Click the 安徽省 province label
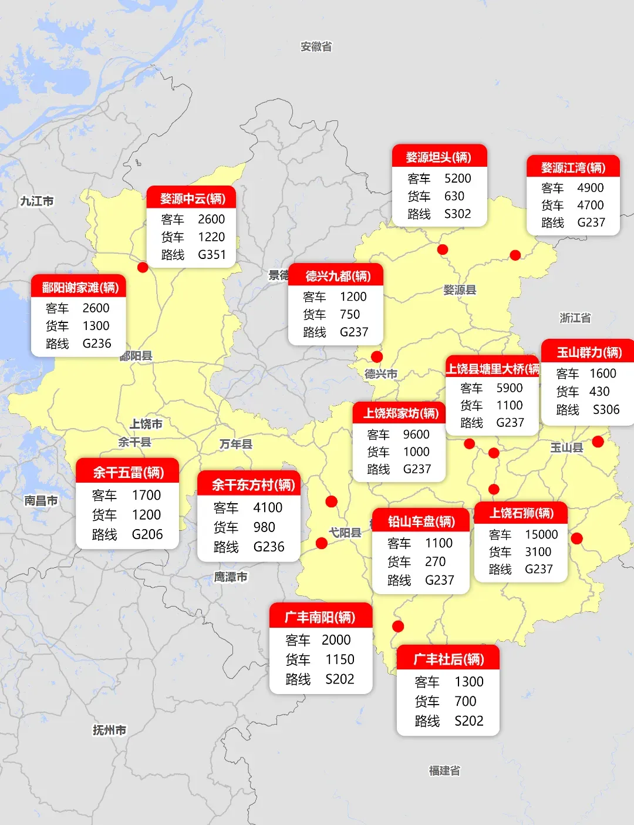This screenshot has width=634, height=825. click(x=316, y=46)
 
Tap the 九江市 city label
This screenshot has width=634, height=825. click(x=37, y=201)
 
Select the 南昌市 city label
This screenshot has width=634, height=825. click(x=41, y=500)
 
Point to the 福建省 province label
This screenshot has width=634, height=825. click(x=444, y=770)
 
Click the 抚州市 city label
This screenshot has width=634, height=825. click(x=109, y=730)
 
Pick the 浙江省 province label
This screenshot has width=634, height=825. click(x=575, y=318)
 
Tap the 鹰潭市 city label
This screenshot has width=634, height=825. click(x=231, y=577)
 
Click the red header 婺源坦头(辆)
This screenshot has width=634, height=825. click(x=439, y=157)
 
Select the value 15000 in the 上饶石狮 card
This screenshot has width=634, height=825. click(x=541, y=534)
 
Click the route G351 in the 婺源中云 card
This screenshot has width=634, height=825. click(x=211, y=255)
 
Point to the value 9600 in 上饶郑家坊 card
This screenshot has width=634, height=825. click(x=416, y=435)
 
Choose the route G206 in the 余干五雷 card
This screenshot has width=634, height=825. click(x=147, y=534)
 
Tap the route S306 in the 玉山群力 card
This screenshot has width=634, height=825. click(x=606, y=410)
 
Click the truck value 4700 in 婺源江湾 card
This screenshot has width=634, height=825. click(x=590, y=205)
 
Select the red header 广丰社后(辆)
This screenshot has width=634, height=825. click(x=448, y=659)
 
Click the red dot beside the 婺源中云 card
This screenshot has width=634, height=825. click(x=143, y=267)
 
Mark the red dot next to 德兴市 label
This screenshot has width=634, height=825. click(x=377, y=356)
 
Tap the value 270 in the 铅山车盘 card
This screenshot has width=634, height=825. click(x=435, y=562)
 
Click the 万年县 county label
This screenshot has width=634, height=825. click(x=236, y=444)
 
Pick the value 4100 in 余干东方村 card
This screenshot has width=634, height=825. click(x=268, y=507)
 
